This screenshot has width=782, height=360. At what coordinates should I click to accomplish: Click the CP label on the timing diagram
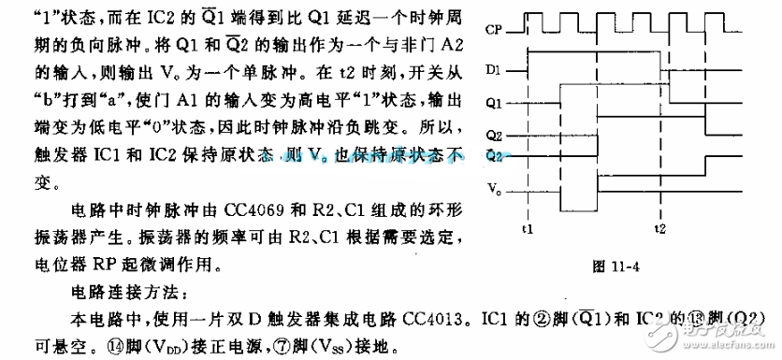click(497, 30)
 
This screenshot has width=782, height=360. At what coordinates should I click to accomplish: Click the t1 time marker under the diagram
click(527, 229)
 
